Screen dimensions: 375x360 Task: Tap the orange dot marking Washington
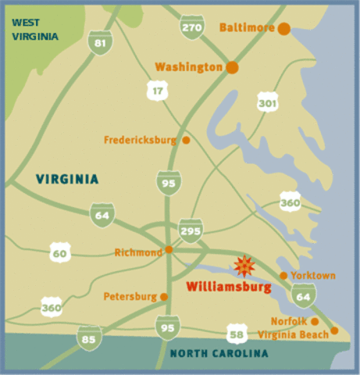232,67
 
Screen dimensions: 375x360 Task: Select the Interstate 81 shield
98,42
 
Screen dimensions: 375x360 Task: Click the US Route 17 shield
159,91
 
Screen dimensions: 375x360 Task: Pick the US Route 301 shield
268,101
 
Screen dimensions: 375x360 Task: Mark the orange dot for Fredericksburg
186,140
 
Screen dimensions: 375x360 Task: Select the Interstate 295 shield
191,230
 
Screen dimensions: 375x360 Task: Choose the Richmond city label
137,252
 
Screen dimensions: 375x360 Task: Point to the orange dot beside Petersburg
164,297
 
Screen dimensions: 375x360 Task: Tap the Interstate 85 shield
89,337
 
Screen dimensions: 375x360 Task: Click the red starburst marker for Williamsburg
244,266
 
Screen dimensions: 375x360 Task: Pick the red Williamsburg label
228,287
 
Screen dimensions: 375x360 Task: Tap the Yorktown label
312,276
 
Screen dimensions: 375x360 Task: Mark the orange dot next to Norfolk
315,321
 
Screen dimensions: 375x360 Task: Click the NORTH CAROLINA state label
219,354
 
